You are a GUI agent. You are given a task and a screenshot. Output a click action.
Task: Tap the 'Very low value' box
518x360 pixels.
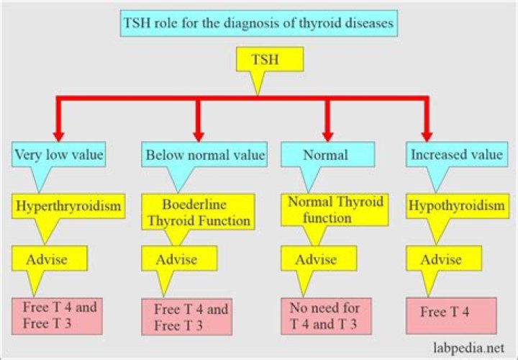point(59,154)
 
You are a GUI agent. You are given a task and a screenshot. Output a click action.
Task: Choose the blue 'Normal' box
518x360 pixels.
point(327,155)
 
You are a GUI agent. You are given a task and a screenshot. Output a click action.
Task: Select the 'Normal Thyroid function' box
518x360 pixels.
point(327,210)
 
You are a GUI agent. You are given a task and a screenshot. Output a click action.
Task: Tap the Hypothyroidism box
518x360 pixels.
point(456,207)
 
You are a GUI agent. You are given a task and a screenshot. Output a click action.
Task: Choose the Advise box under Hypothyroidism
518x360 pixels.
point(440,258)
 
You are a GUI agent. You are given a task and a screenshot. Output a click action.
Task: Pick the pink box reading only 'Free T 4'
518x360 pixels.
point(452,314)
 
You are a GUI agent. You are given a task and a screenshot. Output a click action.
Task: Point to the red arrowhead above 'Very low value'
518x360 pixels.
point(60,134)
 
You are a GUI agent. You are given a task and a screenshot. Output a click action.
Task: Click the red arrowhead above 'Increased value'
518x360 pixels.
point(427,134)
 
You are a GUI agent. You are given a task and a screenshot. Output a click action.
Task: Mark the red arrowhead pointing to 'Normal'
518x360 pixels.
point(327,134)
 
